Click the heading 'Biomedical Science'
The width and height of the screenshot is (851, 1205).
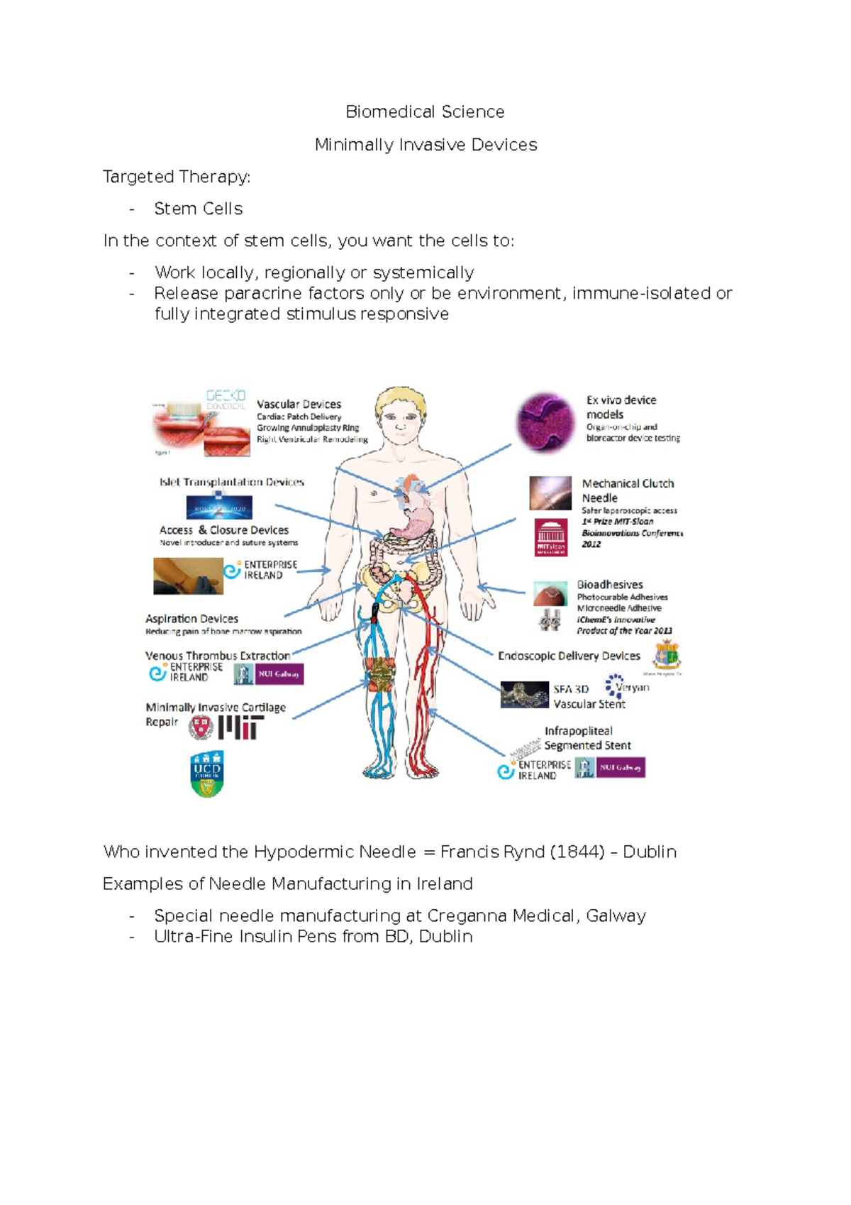click(x=425, y=112)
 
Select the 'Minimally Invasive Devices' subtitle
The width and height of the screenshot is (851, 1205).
click(x=425, y=145)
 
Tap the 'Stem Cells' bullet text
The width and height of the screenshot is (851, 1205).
click(x=199, y=209)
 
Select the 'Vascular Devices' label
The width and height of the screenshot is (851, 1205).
click(x=299, y=404)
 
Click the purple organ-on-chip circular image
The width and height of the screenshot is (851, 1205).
click(x=545, y=423)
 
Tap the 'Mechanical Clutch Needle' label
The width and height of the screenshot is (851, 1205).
click(x=628, y=490)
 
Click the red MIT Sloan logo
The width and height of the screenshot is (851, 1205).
click(x=550, y=537)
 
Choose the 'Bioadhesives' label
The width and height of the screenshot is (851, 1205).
click(x=610, y=584)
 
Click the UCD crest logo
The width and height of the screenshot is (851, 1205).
click(x=207, y=773)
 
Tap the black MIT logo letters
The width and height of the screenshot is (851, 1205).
click(x=241, y=727)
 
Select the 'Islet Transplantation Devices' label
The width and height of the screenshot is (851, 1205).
click(x=231, y=482)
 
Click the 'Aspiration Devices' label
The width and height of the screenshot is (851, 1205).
click(x=191, y=619)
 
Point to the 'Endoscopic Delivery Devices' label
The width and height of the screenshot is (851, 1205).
click(x=569, y=656)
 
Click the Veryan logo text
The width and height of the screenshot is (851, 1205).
click(x=631, y=687)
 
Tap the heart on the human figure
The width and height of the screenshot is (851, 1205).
click(x=412, y=490)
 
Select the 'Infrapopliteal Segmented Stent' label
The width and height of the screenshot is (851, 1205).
click(x=587, y=738)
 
